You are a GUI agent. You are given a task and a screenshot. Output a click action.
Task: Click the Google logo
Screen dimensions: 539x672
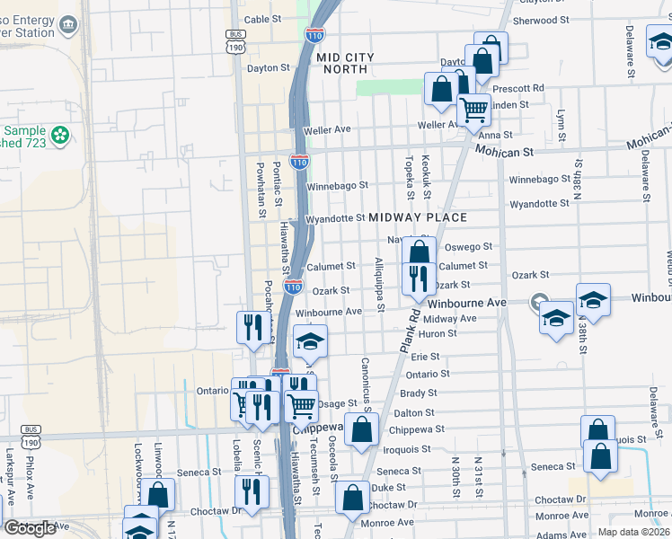point(30,528)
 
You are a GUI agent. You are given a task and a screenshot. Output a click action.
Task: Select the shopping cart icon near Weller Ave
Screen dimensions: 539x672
point(473,110)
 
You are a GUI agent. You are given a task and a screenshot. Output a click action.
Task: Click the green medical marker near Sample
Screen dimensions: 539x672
point(60,136)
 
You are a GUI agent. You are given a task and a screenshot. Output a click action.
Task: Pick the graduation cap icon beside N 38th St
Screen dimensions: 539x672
point(593,299)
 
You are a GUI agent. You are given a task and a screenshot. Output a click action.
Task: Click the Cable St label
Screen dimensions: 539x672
point(262,19)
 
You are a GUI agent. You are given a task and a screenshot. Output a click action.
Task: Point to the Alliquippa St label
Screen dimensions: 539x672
point(380,285)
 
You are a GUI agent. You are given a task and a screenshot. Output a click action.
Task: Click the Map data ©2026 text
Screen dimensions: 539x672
point(633,531)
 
